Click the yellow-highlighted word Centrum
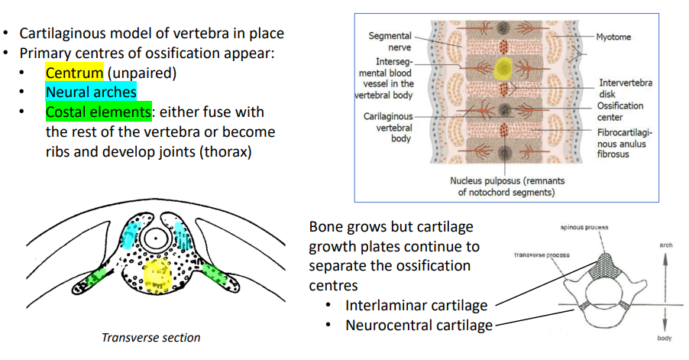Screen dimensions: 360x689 tap(74, 73)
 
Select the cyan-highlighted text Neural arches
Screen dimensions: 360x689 tap(91, 92)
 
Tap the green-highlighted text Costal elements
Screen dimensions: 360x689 tap(98, 112)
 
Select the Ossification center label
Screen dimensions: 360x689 tap(620, 112)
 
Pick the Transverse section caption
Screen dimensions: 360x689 tap(150, 338)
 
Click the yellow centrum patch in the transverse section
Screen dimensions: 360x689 tap(157, 274)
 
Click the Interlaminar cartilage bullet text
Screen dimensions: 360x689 tap(416, 306)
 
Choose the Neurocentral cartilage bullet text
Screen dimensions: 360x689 tap(419, 326)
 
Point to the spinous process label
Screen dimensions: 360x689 tap(583, 229)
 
